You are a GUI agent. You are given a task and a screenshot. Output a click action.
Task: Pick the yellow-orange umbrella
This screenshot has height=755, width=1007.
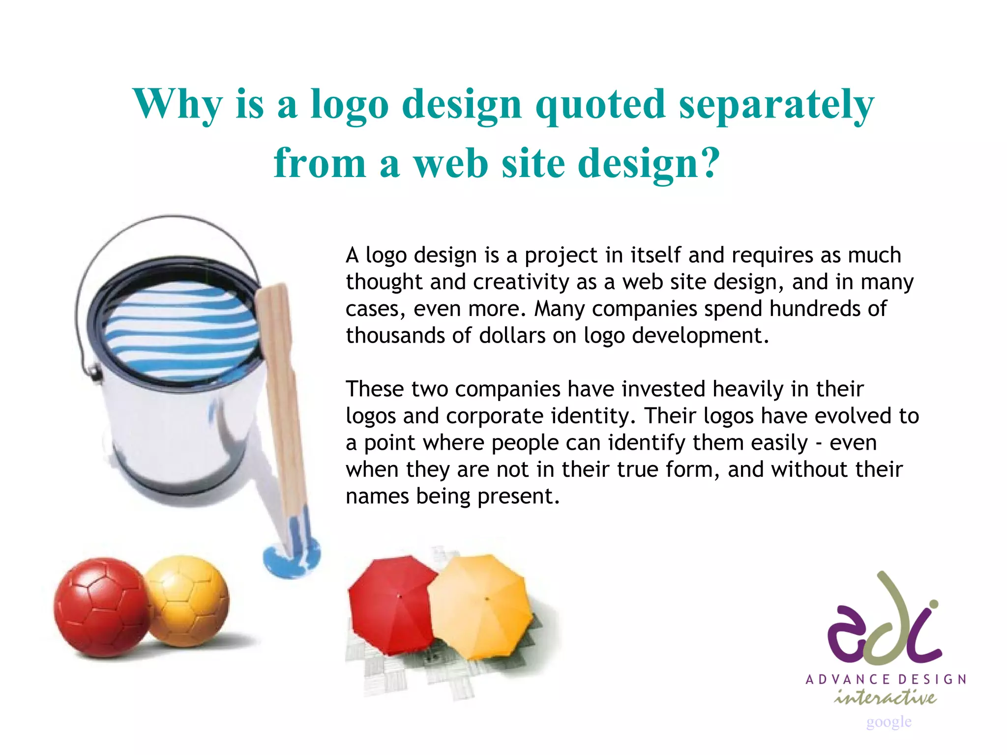tap(482, 605)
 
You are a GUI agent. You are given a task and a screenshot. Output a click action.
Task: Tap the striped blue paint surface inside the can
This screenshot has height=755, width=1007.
tap(182, 329)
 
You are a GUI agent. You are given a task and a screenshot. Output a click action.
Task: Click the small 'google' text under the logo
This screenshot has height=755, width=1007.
tap(889, 722)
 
